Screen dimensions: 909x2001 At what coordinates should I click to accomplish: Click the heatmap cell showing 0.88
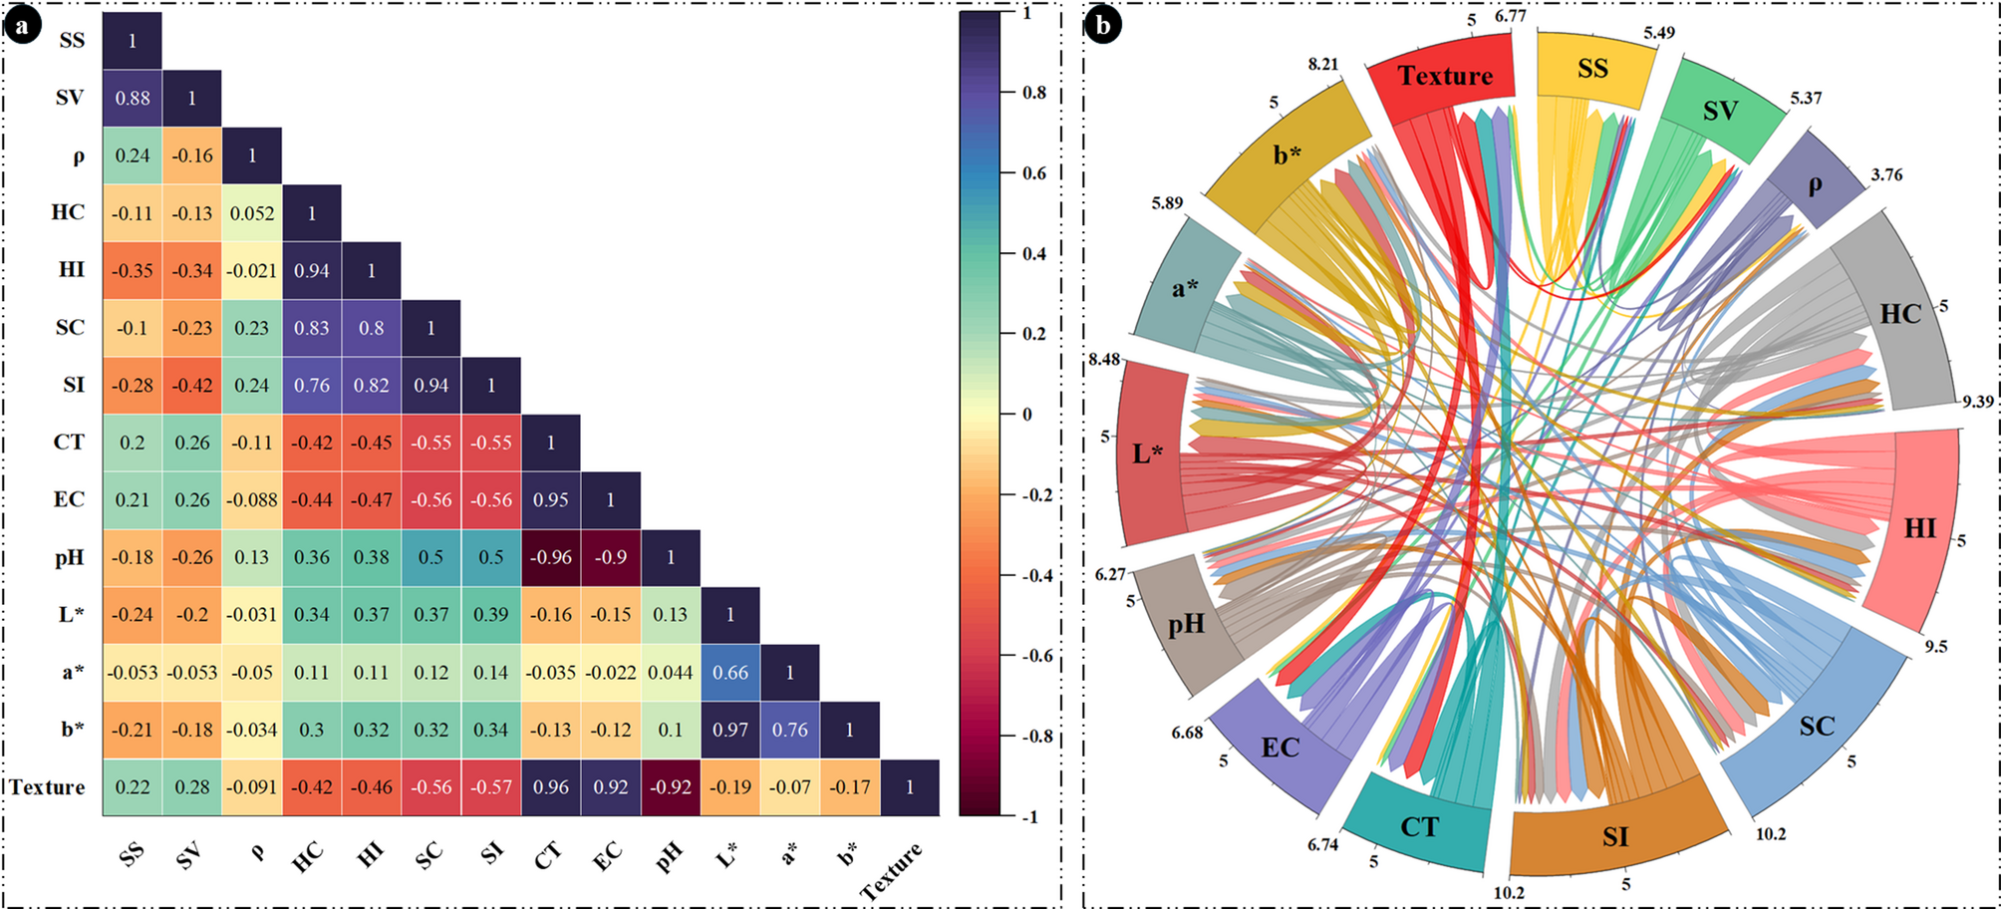click(x=133, y=99)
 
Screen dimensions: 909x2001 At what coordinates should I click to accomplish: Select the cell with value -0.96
click(x=551, y=557)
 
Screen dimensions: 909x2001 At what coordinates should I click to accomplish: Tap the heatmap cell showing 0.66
click(x=730, y=673)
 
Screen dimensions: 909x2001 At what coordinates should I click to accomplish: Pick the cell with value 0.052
click(x=252, y=213)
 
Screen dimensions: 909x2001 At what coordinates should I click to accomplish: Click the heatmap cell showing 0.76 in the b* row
click(x=790, y=730)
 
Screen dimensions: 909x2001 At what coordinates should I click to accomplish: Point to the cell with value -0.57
click(x=491, y=787)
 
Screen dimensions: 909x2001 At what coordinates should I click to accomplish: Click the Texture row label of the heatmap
click(x=48, y=787)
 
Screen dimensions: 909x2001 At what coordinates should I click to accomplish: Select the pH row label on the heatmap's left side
click(x=70, y=557)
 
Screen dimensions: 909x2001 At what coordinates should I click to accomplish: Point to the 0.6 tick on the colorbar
click(x=1034, y=173)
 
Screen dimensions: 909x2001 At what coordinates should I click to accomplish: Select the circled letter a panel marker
click(x=22, y=25)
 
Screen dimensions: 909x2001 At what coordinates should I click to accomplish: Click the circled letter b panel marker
click(x=1103, y=25)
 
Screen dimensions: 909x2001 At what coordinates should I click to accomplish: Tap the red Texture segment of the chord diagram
click(x=1444, y=76)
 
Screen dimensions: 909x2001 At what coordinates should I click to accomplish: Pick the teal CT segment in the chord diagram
click(x=1419, y=826)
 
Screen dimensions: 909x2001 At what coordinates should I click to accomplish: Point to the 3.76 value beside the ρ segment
click(x=1886, y=174)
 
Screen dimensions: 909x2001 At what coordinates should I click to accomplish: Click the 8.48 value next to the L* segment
click(x=1104, y=359)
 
